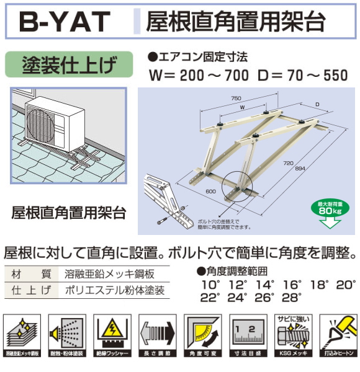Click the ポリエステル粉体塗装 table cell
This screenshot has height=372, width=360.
[x=114, y=290]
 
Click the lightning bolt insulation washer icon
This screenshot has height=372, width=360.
[x=112, y=334]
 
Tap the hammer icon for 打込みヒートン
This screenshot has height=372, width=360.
[x=337, y=334]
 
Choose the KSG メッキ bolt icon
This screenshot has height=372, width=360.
[x=292, y=334]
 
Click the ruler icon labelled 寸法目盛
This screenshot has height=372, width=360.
[x=248, y=334]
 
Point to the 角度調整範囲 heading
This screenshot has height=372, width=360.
[x=236, y=271]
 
